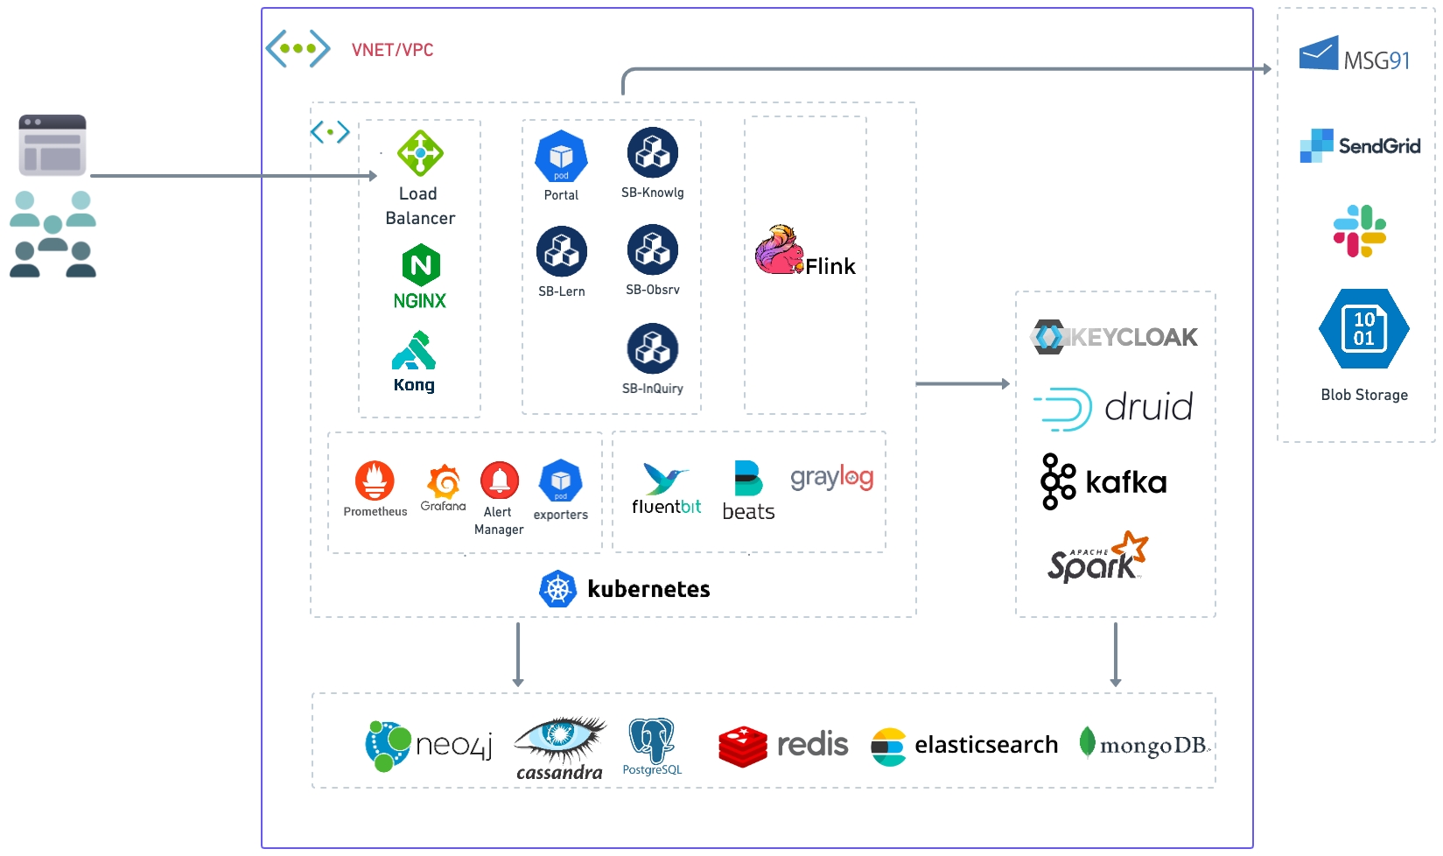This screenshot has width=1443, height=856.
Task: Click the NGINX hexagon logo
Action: click(421, 265)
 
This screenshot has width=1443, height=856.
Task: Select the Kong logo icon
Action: click(414, 351)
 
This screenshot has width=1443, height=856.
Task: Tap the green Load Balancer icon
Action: click(420, 153)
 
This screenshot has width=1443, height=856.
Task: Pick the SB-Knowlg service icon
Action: click(653, 153)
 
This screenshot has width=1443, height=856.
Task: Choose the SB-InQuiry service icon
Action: click(653, 348)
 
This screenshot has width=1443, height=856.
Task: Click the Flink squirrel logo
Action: click(779, 250)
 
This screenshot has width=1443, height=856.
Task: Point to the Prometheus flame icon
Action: click(375, 481)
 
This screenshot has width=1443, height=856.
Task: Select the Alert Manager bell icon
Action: click(500, 481)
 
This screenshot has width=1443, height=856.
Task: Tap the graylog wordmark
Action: click(831, 477)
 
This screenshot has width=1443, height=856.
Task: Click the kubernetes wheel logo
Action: click(557, 589)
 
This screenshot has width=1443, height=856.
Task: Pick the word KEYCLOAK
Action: click(1135, 337)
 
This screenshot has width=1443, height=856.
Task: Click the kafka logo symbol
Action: click(1058, 481)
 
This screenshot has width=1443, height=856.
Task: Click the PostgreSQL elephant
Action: click(652, 740)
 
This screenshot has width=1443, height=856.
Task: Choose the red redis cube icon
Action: click(743, 746)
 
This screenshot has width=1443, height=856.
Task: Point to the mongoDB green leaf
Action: click(1087, 742)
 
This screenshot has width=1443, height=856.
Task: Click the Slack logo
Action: click(1359, 231)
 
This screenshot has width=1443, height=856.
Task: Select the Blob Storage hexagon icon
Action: click(1363, 329)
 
